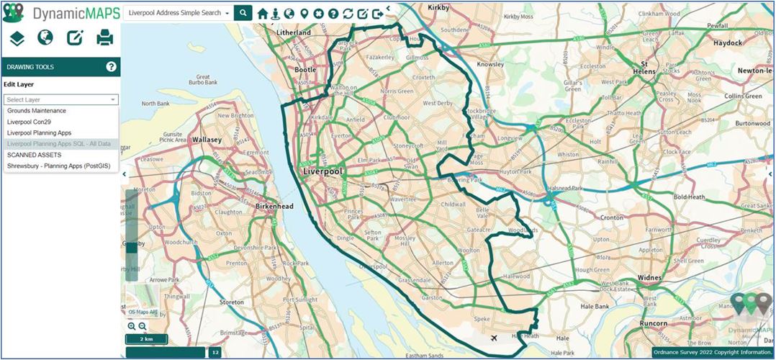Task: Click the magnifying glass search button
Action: point(243,13)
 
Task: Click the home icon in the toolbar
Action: point(263,14)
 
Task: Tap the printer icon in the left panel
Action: point(105,37)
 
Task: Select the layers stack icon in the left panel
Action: point(17,37)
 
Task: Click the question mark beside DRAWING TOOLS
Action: point(112,67)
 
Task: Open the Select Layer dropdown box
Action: point(60,99)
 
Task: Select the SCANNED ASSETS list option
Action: point(34,155)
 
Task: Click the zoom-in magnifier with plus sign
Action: point(132,326)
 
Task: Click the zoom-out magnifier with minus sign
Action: point(143,326)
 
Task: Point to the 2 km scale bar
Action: point(146,339)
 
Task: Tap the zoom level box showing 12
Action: point(215,352)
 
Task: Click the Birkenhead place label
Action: point(274,206)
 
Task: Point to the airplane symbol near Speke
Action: point(494,338)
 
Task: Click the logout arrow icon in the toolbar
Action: point(376,14)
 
